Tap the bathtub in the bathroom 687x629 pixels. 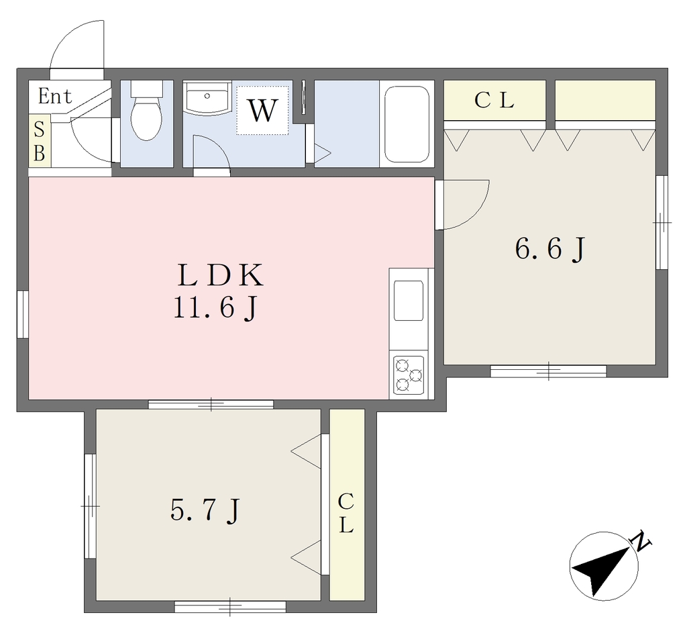pyautogui.click(x=407, y=124)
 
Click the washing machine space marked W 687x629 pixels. pyautogui.click(x=262, y=110)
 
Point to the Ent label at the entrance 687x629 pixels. pyautogui.click(x=55, y=96)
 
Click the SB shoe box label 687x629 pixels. pyautogui.click(x=40, y=141)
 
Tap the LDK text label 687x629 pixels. pyautogui.click(x=220, y=275)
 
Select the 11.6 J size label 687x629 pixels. pyautogui.click(x=215, y=307)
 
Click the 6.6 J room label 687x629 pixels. pyautogui.click(x=550, y=250)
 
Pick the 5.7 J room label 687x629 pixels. pyautogui.click(x=205, y=510)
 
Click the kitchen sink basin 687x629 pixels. pyautogui.click(x=409, y=301)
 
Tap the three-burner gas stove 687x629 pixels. pyautogui.click(x=409, y=375)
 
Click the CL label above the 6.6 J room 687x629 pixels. pyautogui.click(x=494, y=101)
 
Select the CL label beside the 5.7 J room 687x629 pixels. pyautogui.click(x=346, y=513)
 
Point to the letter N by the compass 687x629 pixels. pyautogui.click(x=641, y=541)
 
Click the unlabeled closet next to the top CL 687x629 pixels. pyautogui.click(x=605, y=100)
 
